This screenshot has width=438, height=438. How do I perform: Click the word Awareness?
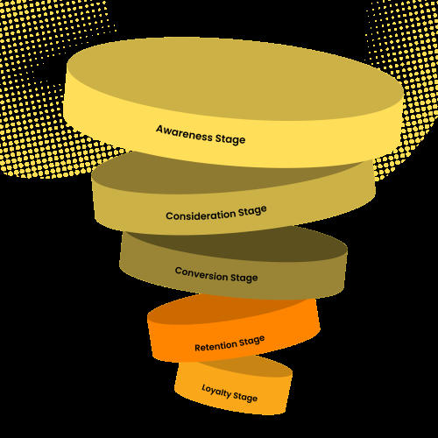pos(184,133)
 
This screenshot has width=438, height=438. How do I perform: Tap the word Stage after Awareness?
pos(230,139)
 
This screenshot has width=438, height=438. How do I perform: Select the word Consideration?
pos(201,215)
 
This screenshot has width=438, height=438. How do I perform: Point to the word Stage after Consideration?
pos(252,211)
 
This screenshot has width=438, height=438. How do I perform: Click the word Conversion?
pos(201,274)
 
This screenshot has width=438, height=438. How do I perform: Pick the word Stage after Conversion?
pos(244,278)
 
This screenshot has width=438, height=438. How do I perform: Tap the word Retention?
pos(215,346)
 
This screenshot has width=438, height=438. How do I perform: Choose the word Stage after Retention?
pos(252,341)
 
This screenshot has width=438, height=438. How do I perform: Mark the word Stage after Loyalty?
pos(245,397)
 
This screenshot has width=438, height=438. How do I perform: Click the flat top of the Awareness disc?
pos(234,79)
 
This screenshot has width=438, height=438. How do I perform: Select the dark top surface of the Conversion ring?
pos(248,245)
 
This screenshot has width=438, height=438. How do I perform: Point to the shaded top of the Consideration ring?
pos(204,175)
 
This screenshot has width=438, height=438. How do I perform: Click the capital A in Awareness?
pos(159,129)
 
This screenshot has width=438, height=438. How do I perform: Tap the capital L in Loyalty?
pos(204,387)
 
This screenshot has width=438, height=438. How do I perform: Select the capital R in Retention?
pos(198,348)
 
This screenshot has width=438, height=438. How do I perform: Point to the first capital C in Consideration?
pos(169,216)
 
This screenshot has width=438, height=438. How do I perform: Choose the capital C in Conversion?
pos(179,271)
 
